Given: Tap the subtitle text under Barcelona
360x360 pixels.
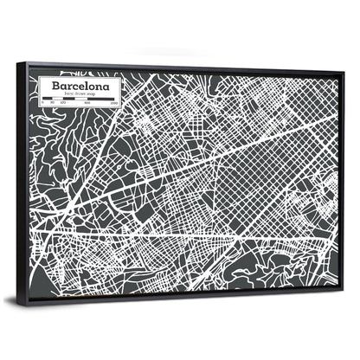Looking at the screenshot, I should (84, 96).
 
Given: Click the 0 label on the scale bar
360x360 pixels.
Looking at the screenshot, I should (44, 105).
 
